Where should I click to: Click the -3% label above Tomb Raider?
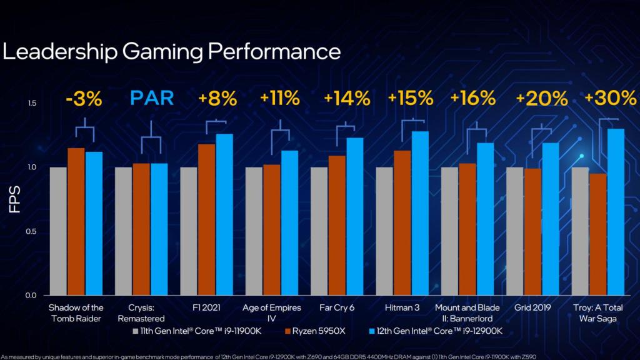[x=84, y=99]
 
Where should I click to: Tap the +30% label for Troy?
[x=610, y=99]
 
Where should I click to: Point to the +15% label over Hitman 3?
[x=411, y=99]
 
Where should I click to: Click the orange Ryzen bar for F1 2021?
[x=207, y=219]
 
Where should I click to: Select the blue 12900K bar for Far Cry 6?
[x=355, y=216]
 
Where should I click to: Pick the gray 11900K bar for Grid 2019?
[x=514, y=231]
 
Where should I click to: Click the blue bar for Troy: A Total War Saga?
[x=616, y=212]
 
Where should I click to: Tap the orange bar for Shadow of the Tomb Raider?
[x=76, y=221]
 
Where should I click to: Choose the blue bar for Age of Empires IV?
[x=289, y=222]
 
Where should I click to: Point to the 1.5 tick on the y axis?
[x=32, y=103]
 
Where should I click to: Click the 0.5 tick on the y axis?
[x=32, y=231]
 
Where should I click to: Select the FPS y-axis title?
[x=16, y=199]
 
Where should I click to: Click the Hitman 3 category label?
[x=403, y=308]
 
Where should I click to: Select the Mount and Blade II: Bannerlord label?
[x=468, y=313]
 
